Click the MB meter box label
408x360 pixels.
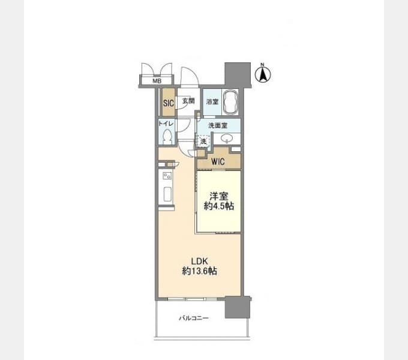pyautogui.click(x=157, y=81)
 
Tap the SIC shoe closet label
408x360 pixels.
pyautogui.click(x=169, y=103)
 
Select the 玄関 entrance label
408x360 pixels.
pyautogui.click(x=188, y=101)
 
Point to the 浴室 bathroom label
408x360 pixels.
pyautogui.click(x=212, y=102)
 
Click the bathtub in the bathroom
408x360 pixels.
pyautogui.click(x=230, y=102)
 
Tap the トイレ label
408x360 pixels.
pyautogui.click(x=166, y=123)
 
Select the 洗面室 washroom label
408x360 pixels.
pyautogui.click(x=218, y=125)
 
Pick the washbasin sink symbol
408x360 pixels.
pyautogui.click(x=227, y=138)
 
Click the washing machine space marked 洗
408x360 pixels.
pyautogui.click(x=203, y=142)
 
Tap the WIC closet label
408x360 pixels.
pyautogui.click(x=218, y=161)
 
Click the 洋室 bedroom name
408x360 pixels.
pyautogui.click(x=219, y=196)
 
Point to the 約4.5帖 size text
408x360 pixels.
pyautogui.click(x=219, y=206)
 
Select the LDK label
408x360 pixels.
pyautogui.click(x=199, y=261)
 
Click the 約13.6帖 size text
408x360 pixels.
pyautogui.click(x=199, y=271)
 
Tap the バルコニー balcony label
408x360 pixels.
pyautogui.click(x=194, y=318)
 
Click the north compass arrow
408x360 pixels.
pyautogui.click(x=263, y=74)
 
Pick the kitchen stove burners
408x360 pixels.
pyautogui.click(x=167, y=176)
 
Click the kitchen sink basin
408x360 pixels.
pyautogui.click(x=167, y=194)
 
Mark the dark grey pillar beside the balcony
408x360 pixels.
pyautogui.click(x=238, y=307)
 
